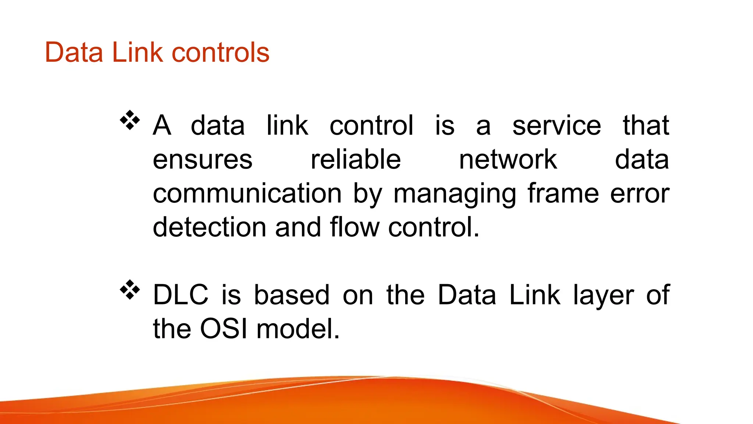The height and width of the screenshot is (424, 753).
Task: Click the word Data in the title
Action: coord(74,53)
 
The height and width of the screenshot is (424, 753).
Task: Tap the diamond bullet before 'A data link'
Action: coord(130,120)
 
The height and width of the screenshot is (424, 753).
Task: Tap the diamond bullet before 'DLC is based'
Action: coord(130,290)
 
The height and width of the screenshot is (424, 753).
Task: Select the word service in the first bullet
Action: coord(557,126)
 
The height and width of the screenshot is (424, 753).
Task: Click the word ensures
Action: coord(203,160)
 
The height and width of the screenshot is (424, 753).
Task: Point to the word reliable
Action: coord(356,160)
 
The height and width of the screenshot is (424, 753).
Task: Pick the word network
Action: coord(508,160)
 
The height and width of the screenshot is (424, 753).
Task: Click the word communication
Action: coord(247,194)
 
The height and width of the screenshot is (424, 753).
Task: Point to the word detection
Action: coord(209,227)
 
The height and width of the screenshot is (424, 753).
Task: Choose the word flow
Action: coord(354,227)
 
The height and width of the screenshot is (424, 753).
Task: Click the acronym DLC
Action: coord(181,295)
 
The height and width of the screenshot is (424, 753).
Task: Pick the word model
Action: coord(298,329)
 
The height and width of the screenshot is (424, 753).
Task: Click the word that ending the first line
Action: coord(646,126)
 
